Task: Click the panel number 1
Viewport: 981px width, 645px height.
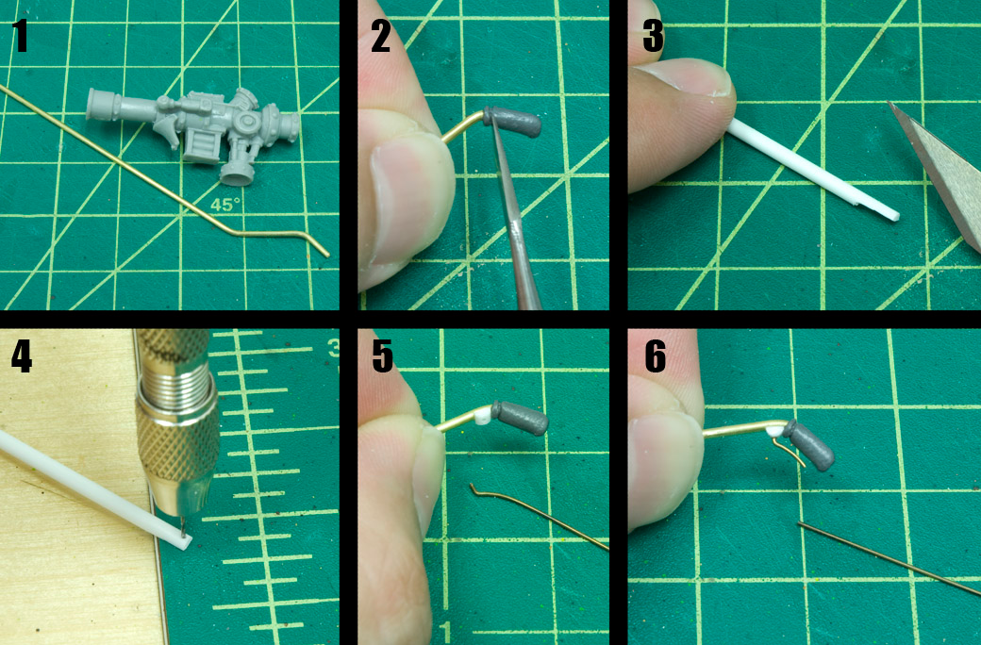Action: point(20,36)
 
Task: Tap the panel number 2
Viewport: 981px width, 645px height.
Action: point(380,36)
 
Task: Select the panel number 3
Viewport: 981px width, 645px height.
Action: point(653,36)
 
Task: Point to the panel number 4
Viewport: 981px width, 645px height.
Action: point(22,357)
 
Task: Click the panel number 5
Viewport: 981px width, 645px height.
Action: point(382,357)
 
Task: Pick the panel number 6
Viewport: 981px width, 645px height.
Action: point(655,357)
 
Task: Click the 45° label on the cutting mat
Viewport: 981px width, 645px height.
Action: point(224,205)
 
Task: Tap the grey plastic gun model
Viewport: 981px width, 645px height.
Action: point(194,130)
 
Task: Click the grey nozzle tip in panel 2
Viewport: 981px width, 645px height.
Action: point(512,122)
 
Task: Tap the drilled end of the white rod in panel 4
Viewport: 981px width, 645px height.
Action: point(183,542)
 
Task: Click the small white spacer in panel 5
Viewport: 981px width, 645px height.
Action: point(482,417)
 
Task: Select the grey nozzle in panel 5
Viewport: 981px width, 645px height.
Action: point(520,418)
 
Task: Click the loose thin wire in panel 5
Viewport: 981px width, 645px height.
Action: point(538,517)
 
